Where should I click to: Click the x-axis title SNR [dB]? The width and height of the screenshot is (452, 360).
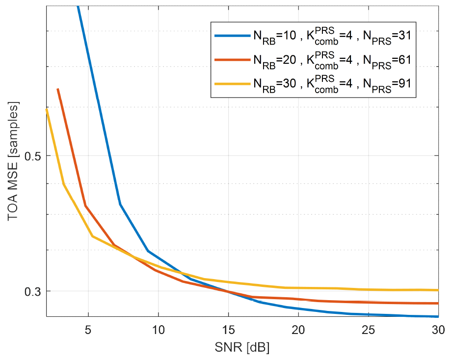[242, 348]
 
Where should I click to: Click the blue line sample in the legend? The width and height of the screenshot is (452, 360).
[232, 36]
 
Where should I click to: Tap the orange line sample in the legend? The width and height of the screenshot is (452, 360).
[232, 60]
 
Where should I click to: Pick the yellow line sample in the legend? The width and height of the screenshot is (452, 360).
[232, 84]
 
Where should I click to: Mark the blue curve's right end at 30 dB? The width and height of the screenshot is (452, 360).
[437, 316]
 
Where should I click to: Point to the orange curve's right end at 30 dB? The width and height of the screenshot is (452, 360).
[437, 303]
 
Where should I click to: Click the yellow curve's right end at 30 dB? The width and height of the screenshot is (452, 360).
[437, 290]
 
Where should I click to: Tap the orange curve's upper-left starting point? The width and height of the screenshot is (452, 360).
[58, 89]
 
